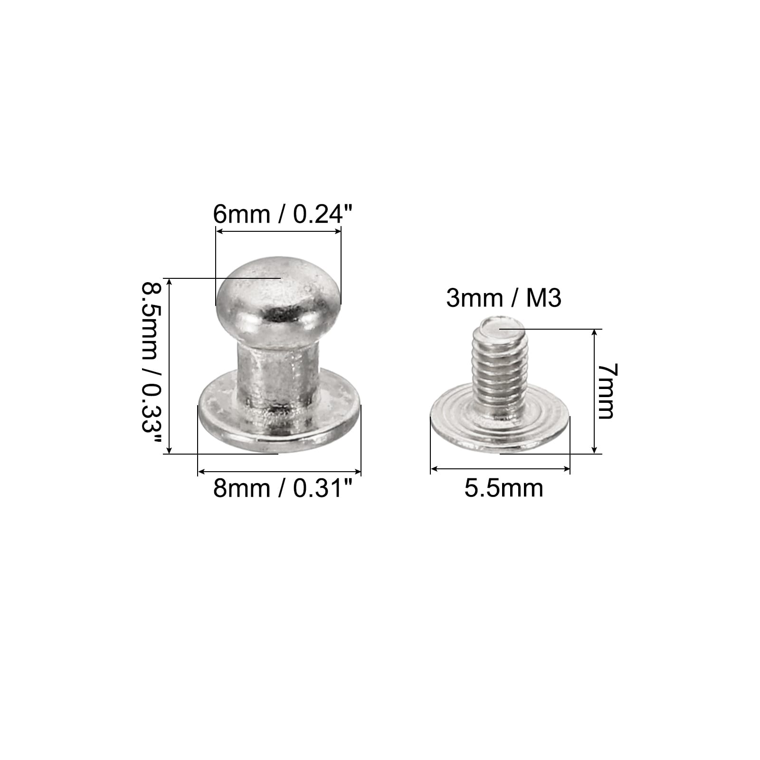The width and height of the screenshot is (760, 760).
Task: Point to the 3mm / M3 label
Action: tap(504, 299)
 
